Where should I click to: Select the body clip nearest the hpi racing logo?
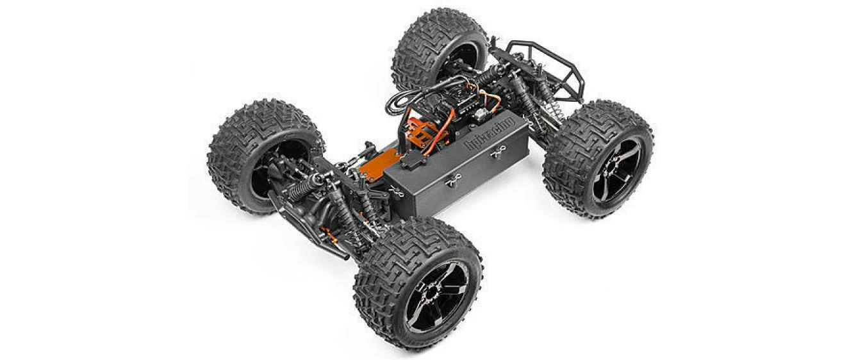click(x=498, y=154)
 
